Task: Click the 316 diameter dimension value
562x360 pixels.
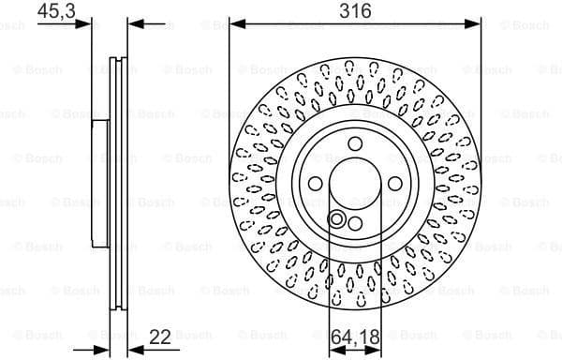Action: pyautogui.click(x=355, y=11)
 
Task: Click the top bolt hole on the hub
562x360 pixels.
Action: pyautogui.click(x=355, y=143)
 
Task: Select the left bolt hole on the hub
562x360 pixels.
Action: pyautogui.click(x=317, y=182)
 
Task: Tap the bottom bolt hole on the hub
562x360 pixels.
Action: pyautogui.click(x=355, y=221)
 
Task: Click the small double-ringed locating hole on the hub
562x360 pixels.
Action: pyautogui.click(x=336, y=219)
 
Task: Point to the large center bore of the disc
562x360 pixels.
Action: pyautogui.click(x=355, y=182)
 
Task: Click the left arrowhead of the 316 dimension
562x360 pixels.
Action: pyautogui.click(x=234, y=24)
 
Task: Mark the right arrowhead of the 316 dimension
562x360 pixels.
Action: pyautogui.click(x=477, y=24)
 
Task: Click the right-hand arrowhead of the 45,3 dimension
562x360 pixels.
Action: pyautogui.click(x=131, y=24)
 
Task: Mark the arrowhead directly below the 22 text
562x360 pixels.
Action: pyautogui.click(x=131, y=346)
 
